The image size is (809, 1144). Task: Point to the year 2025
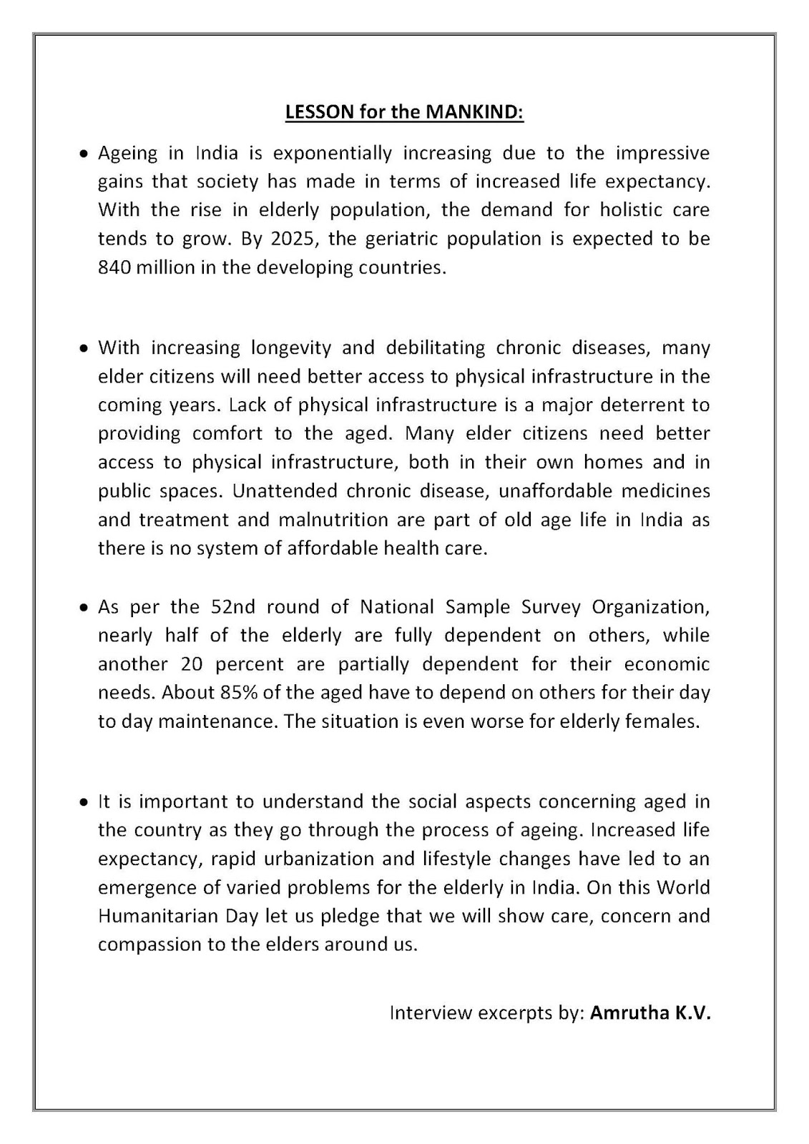click(x=295, y=239)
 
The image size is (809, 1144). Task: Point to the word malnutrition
click(x=323, y=520)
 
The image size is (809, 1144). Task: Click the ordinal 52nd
click(x=232, y=607)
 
